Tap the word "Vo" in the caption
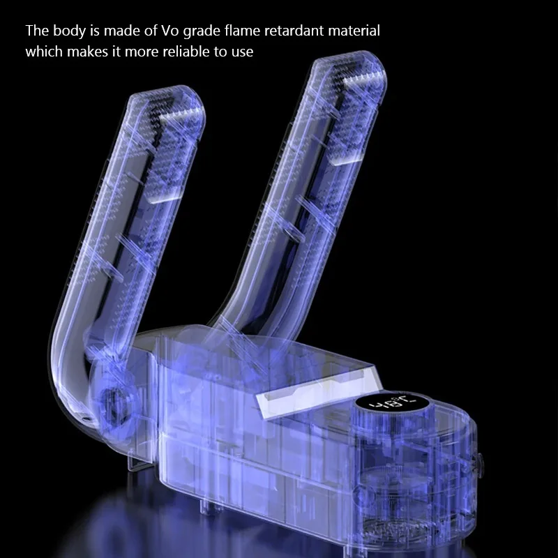tap(170, 31)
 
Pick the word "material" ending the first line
tap(354, 31)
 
